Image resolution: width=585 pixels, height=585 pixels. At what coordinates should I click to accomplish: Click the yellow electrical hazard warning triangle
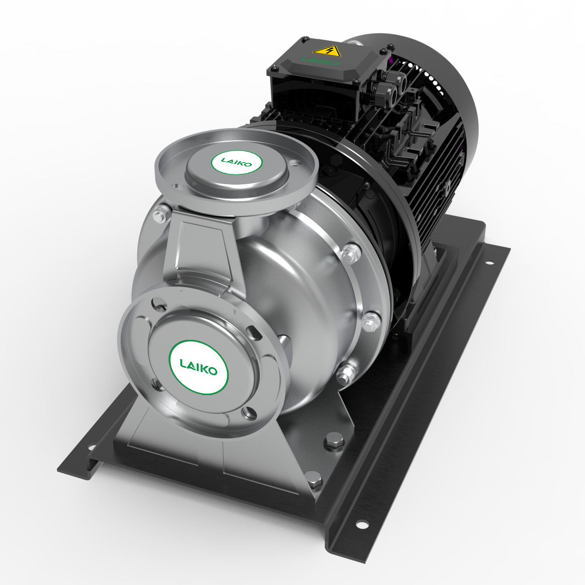pos(327,51)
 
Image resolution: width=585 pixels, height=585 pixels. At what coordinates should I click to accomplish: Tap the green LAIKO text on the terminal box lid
pos(320,61)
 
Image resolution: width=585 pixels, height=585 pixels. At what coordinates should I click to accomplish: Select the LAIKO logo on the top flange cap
pos(236,162)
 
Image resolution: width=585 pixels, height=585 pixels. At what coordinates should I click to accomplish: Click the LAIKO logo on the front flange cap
pos(198,367)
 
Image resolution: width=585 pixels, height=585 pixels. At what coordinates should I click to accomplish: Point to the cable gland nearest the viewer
pos(381,92)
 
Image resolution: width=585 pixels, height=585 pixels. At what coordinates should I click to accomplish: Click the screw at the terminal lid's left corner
pos(274,68)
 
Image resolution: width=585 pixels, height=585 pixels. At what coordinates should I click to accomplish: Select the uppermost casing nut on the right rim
pos(350,252)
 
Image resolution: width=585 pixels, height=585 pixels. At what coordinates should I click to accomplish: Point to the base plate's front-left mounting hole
pos(91,448)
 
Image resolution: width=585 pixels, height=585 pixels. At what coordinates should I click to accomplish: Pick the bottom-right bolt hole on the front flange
pos(248,413)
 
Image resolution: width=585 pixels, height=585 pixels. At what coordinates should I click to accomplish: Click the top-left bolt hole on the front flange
pos(160,305)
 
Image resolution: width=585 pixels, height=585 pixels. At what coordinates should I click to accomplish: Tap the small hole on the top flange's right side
pos(295,163)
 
